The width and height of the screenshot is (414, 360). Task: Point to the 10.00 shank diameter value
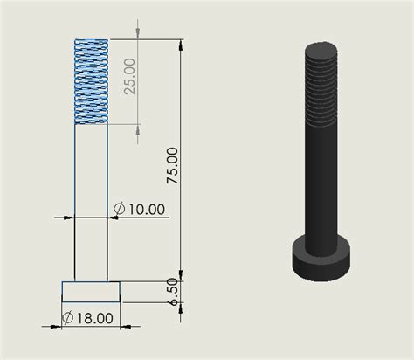tap(144, 209)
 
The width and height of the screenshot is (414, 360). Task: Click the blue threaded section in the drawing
tap(91, 81)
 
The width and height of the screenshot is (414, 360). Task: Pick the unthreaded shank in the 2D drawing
tap(91, 201)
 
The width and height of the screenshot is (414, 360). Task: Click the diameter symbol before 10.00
tap(120, 209)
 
